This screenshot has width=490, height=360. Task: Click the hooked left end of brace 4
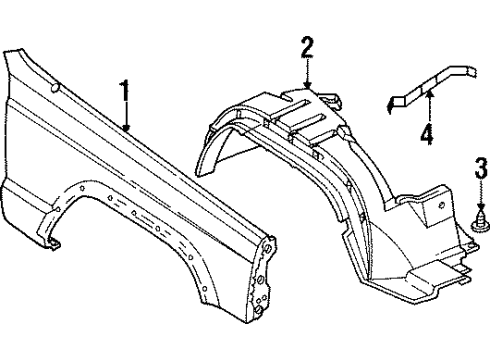coord(392,103)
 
